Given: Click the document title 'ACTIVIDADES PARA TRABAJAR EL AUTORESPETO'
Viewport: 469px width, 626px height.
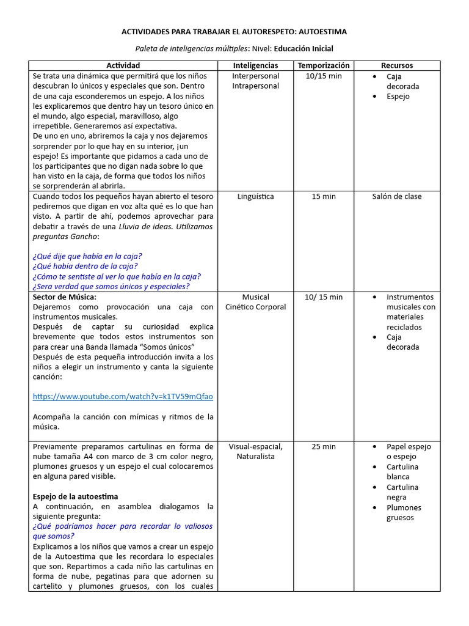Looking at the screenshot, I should click(234, 32).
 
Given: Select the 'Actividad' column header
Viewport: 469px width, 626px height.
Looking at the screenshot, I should click(123, 65).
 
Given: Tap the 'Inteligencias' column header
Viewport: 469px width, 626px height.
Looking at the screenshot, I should click(255, 65).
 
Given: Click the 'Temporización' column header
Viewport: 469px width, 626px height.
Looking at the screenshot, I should click(324, 65).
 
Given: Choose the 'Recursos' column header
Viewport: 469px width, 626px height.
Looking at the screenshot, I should click(397, 65).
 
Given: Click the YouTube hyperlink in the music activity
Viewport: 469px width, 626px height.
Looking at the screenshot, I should click(123, 397).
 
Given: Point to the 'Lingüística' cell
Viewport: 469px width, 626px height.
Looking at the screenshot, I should click(255, 197).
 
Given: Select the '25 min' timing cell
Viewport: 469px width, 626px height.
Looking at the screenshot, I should click(324, 447).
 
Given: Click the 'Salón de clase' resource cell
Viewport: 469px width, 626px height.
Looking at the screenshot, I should click(397, 197).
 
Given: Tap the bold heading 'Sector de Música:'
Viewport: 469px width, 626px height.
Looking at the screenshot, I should click(64, 297).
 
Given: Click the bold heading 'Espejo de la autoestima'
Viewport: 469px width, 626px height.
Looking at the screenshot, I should click(75, 496).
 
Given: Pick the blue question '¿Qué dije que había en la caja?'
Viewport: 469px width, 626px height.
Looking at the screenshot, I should click(87, 256).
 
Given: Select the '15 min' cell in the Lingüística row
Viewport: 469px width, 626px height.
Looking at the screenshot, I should click(324, 197).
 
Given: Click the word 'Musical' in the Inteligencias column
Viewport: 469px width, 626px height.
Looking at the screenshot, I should click(255, 297).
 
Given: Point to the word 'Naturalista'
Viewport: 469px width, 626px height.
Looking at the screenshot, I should click(255, 457).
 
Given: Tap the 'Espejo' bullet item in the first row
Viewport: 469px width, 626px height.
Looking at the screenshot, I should click(398, 97).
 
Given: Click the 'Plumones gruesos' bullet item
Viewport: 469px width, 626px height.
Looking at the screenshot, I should click(403, 512).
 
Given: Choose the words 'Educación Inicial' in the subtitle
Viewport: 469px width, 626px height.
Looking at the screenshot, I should click(304, 49).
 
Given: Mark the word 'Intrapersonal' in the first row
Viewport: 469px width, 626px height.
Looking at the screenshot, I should click(255, 86).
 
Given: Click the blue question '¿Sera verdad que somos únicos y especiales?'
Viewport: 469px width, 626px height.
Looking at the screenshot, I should click(111, 287).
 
